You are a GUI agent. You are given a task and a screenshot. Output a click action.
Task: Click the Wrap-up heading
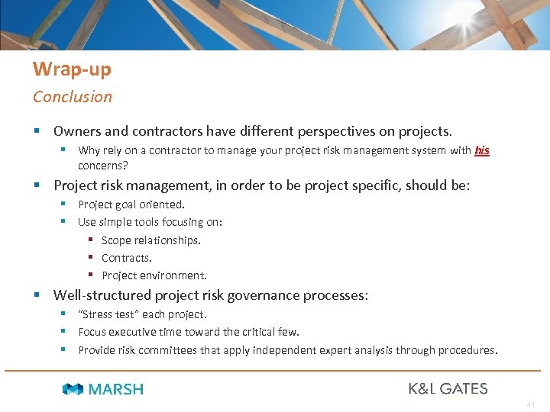[72, 69]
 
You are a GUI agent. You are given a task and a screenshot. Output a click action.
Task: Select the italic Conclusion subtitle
[72, 97]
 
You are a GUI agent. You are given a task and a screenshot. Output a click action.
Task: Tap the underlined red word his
[481, 150]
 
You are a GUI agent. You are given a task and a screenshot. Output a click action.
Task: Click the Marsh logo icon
[73, 389]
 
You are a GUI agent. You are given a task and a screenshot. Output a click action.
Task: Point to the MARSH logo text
[115, 389]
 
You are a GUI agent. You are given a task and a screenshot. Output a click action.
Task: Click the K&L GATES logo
[448, 388]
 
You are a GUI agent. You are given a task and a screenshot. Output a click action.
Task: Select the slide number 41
[531, 404]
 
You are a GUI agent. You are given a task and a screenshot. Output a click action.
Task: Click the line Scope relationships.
[151, 240]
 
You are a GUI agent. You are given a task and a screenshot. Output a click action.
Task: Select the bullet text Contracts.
[127, 258]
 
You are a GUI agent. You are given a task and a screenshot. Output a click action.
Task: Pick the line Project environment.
[154, 275]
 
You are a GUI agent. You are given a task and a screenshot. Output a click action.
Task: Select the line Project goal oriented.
[131, 204]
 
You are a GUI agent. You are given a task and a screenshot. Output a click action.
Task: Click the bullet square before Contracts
[90, 258]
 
